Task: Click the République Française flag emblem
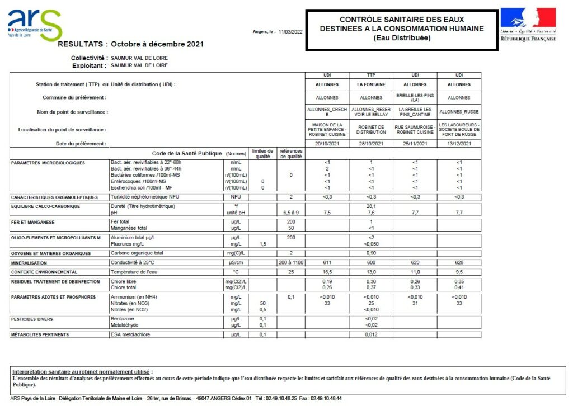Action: (528, 25)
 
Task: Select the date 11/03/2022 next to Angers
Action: (290, 32)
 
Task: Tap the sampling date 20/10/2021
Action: (327, 144)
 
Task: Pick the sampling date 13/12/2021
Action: (459, 144)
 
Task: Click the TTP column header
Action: (371, 75)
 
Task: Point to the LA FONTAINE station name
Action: (371, 84)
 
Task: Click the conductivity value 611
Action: (327, 262)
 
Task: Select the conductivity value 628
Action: (459, 262)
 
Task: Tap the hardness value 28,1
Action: (371, 206)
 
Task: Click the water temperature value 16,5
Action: (327, 272)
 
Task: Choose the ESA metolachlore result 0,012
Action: (371, 334)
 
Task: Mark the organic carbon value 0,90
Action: (371, 253)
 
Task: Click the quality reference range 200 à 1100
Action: (290, 262)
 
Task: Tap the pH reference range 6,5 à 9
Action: (290, 213)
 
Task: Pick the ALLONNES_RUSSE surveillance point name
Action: (459, 112)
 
